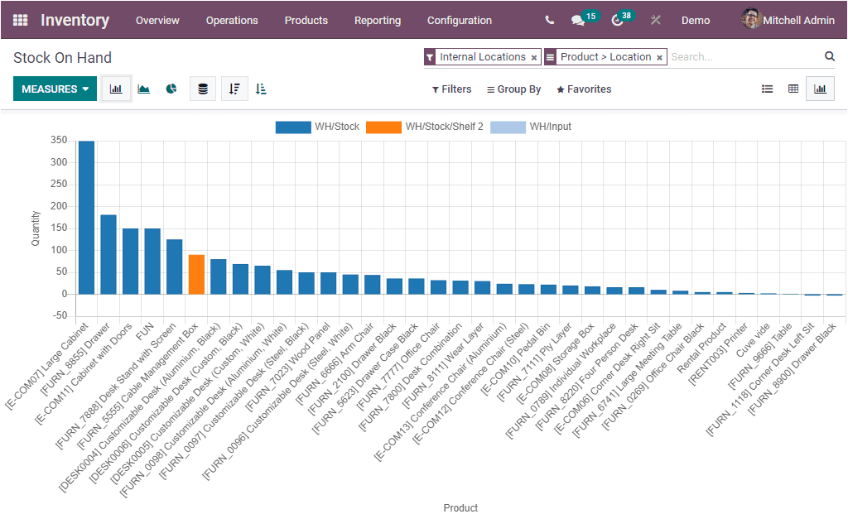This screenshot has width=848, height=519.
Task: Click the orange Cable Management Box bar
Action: [x=196, y=274]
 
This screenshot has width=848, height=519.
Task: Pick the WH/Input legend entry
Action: [x=531, y=127]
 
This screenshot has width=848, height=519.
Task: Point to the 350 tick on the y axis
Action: [x=58, y=140]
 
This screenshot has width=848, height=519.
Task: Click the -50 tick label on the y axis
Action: [x=58, y=315]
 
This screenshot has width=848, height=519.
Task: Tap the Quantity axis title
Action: [x=36, y=228]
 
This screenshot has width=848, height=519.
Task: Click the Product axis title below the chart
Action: [x=460, y=507]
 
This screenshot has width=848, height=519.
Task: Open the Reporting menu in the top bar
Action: [x=377, y=20]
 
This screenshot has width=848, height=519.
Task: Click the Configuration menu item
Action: [x=459, y=20]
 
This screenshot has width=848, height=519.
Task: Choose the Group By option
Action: [x=513, y=89]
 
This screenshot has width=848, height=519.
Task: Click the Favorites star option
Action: [x=584, y=89]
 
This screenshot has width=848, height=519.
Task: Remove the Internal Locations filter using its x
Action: [x=534, y=58]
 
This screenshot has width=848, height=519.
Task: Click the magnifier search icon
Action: [x=829, y=56]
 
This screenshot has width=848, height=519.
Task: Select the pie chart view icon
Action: [x=171, y=89]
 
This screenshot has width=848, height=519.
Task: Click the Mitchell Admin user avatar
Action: [x=750, y=19]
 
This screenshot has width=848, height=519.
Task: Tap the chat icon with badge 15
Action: [x=577, y=20]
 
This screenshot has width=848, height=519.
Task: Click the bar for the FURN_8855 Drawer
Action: [x=108, y=254]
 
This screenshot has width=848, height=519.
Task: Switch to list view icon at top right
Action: [x=767, y=89]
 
